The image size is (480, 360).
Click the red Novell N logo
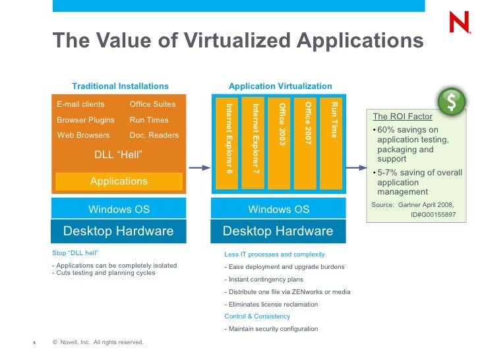coord(458,23)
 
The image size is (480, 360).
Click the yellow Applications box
coord(119,181)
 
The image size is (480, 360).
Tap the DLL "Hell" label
coord(119,155)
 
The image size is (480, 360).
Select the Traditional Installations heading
coord(120,86)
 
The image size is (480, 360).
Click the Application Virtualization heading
coord(280,86)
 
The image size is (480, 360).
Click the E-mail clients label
coord(80,104)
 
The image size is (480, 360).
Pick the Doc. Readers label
coord(154,135)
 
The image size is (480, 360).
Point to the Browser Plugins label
coord(86,120)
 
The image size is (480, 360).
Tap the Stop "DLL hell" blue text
coord(75,253)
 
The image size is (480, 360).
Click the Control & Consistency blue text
coord(256,316)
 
